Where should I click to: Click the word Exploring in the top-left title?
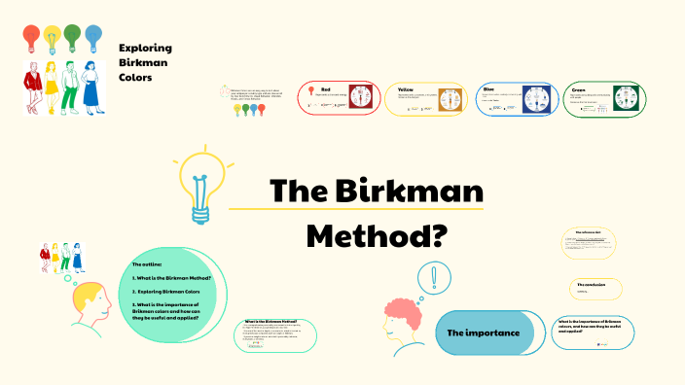[145, 48]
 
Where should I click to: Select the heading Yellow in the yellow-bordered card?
[407, 89]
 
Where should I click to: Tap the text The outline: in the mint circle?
[148, 264]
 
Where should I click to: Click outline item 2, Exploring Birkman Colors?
[166, 291]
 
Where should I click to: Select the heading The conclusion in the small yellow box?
[590, 284]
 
